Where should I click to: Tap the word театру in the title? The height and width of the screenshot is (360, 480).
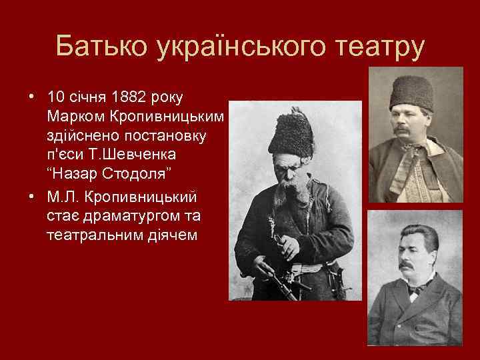click(x=375, y=47)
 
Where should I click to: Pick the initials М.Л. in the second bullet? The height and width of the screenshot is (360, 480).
click(x=66, y=198)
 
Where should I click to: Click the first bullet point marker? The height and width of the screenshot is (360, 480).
click(x=31, y=98)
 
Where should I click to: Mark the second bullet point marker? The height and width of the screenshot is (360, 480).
click(x=31, y=198)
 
